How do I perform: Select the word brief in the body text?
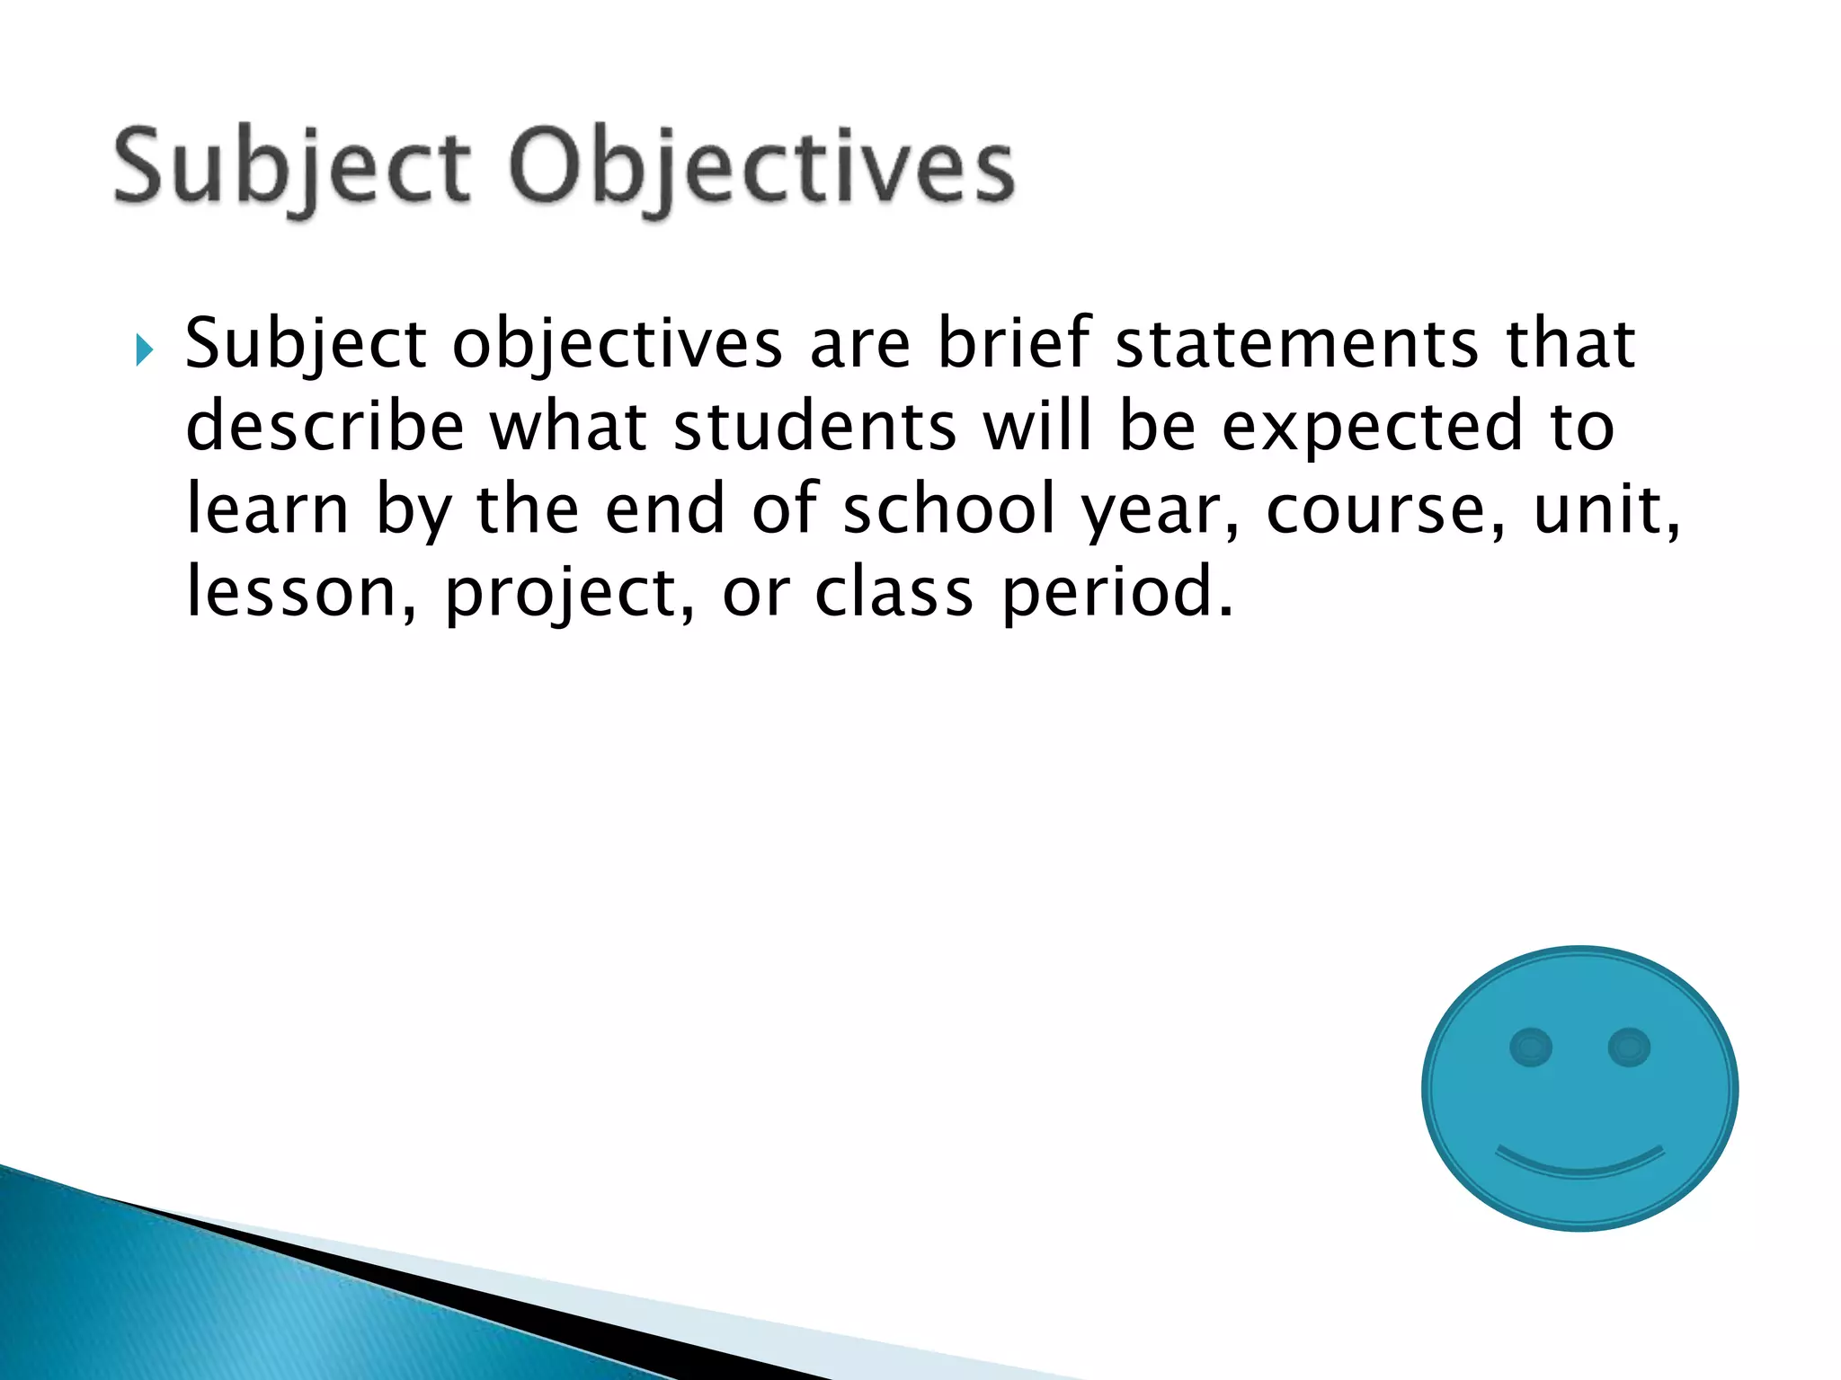tap(1014, 343)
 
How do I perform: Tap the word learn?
tap(267, 509)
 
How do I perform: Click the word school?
tap(949, 509)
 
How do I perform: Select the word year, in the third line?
tap(1161, 509)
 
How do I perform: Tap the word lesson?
tap(301, 592)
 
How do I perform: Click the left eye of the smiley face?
tap(1531, 1048)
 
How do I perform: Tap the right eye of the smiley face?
tap(1629, 1048)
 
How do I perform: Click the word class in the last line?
tap(894, 592)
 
